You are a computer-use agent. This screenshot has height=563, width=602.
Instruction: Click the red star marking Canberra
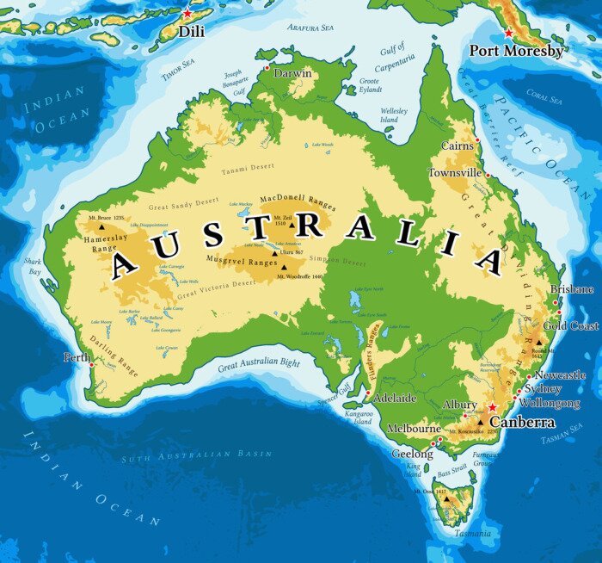click(492, 407)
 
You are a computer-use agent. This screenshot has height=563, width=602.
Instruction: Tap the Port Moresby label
click(516, 51)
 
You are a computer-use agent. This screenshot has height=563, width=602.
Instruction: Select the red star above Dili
click(187, 14)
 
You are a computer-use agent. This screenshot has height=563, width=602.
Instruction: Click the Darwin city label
click(292, 74)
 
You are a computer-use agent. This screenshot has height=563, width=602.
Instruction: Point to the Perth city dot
click(91, 364)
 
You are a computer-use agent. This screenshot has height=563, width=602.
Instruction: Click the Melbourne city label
click(414, 428)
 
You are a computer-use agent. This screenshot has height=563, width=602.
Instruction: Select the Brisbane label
click(572, 289)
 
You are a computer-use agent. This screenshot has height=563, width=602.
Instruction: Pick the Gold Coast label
click(571, 326)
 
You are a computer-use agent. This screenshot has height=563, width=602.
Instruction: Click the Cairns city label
click(457, 146)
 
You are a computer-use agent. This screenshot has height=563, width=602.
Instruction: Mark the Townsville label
click(455, 173)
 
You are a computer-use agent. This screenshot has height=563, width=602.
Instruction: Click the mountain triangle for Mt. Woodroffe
click(284, 267)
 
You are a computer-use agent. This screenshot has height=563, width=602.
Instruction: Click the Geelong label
click(413, 454)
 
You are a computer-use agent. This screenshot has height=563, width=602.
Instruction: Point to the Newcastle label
click(560, 375)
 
